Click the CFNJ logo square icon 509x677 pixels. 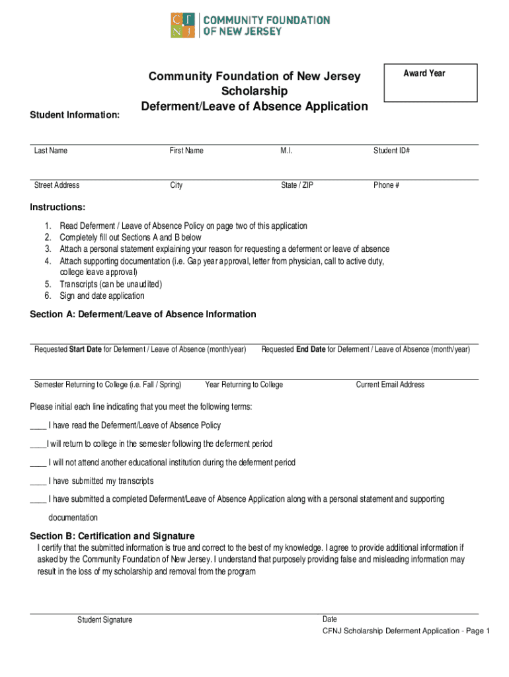[x=183, y=25]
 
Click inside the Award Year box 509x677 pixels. [x=430, y=83]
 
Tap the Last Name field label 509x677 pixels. [x=51, y=151]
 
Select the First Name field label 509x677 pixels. [x=186, y=151]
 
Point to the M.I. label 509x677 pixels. [x=286, y=151]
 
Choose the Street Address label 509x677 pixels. [x=57, y=185]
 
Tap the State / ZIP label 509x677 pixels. [x=297, y=185]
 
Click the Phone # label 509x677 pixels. [x=386, y=185]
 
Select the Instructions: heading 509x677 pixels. [x=58, y=207]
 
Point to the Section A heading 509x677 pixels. [x=143, y=314]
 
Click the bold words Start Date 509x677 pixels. [x=85, y=349]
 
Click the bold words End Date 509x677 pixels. [x=311, y=349]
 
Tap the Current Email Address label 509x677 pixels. [x=390, y=385]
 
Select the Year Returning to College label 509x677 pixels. [x=244, y=385]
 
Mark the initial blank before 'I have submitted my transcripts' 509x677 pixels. [x=37, y=482]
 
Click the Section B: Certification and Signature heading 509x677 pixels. [x=112, y=536]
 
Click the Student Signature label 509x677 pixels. [x=104, y=619]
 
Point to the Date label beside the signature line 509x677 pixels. [x=329, y=619]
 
